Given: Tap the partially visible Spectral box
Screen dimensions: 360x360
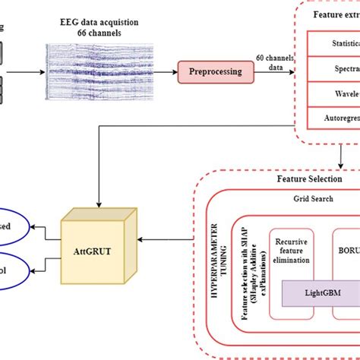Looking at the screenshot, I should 334,68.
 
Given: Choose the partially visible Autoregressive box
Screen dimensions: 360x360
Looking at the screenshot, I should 334,117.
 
